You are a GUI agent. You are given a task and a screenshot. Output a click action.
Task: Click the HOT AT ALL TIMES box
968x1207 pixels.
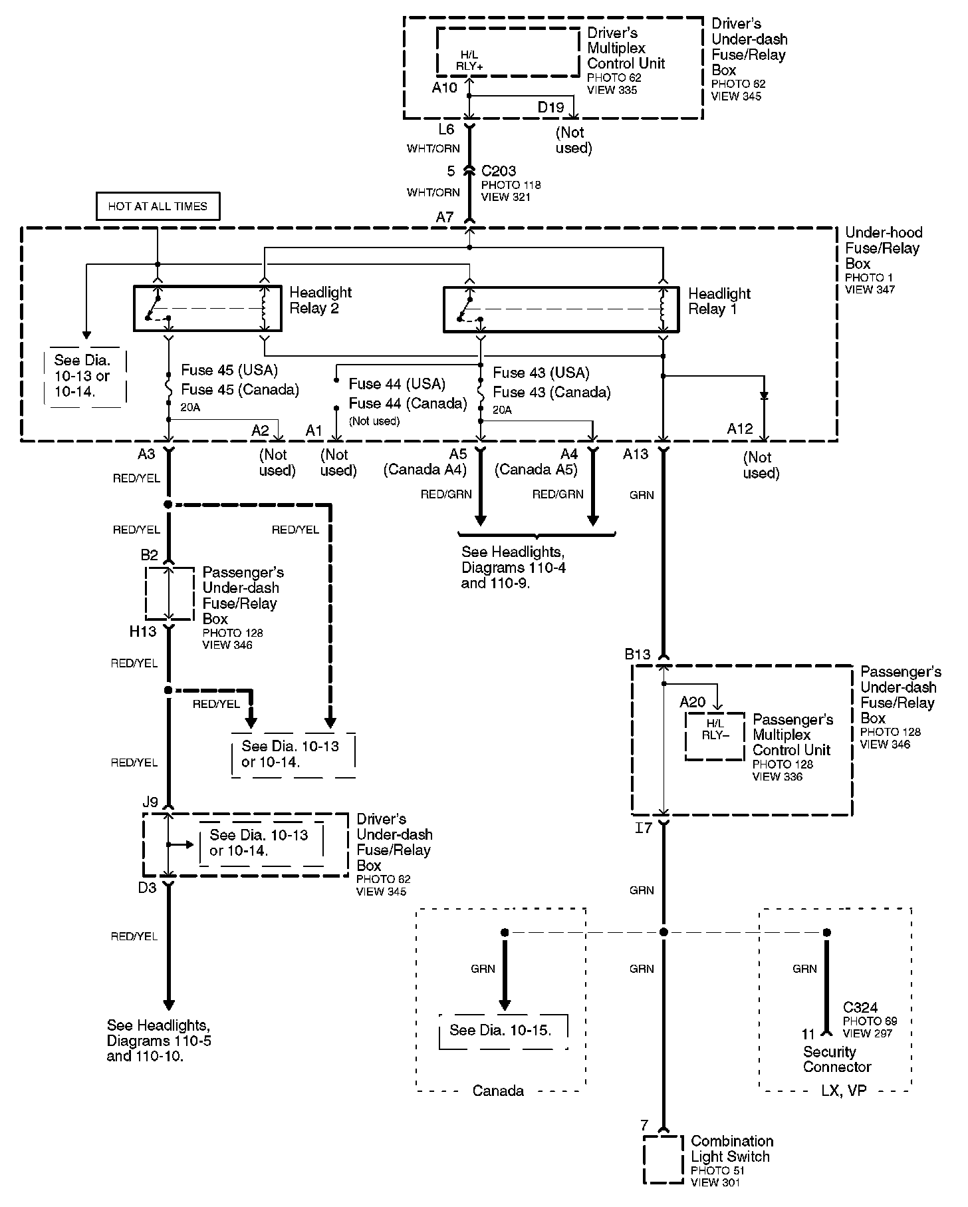[158, 206]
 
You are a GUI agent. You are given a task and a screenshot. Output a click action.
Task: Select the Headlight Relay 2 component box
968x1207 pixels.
[207, 308]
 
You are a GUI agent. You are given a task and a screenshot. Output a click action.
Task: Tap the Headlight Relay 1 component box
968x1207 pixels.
[560, 309]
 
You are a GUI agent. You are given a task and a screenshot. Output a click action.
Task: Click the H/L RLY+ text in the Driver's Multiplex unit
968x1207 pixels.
[469, 61]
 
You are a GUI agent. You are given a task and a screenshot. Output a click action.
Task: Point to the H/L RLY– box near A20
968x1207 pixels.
[715, 736]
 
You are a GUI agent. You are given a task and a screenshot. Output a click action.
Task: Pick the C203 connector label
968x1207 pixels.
[499, 171]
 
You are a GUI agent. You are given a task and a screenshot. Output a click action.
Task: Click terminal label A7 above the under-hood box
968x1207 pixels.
[445, 217]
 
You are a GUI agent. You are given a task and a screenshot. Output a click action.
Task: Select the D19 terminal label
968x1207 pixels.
[550, 107]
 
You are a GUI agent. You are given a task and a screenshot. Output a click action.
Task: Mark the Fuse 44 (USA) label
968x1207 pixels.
[397, 384]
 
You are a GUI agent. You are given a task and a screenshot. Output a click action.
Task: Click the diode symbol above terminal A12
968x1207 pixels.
[764, 395]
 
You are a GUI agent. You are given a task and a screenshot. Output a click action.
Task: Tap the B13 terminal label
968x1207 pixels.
[637, 654]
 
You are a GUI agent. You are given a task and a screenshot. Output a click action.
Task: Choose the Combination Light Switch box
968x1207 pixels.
[663, 1159]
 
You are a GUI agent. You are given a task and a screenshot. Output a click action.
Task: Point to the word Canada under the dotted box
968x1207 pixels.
[498, 1091]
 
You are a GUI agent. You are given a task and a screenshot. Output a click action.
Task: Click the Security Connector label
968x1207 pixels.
[837, 1059]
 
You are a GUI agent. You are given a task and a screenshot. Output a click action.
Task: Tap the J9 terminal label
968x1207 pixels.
[150, 802]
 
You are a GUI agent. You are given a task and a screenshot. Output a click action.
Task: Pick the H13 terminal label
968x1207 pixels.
[142, 631]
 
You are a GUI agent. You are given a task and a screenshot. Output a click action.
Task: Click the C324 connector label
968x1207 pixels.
[860, 1007]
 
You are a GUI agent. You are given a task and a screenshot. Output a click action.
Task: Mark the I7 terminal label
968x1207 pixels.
[644, 828]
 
